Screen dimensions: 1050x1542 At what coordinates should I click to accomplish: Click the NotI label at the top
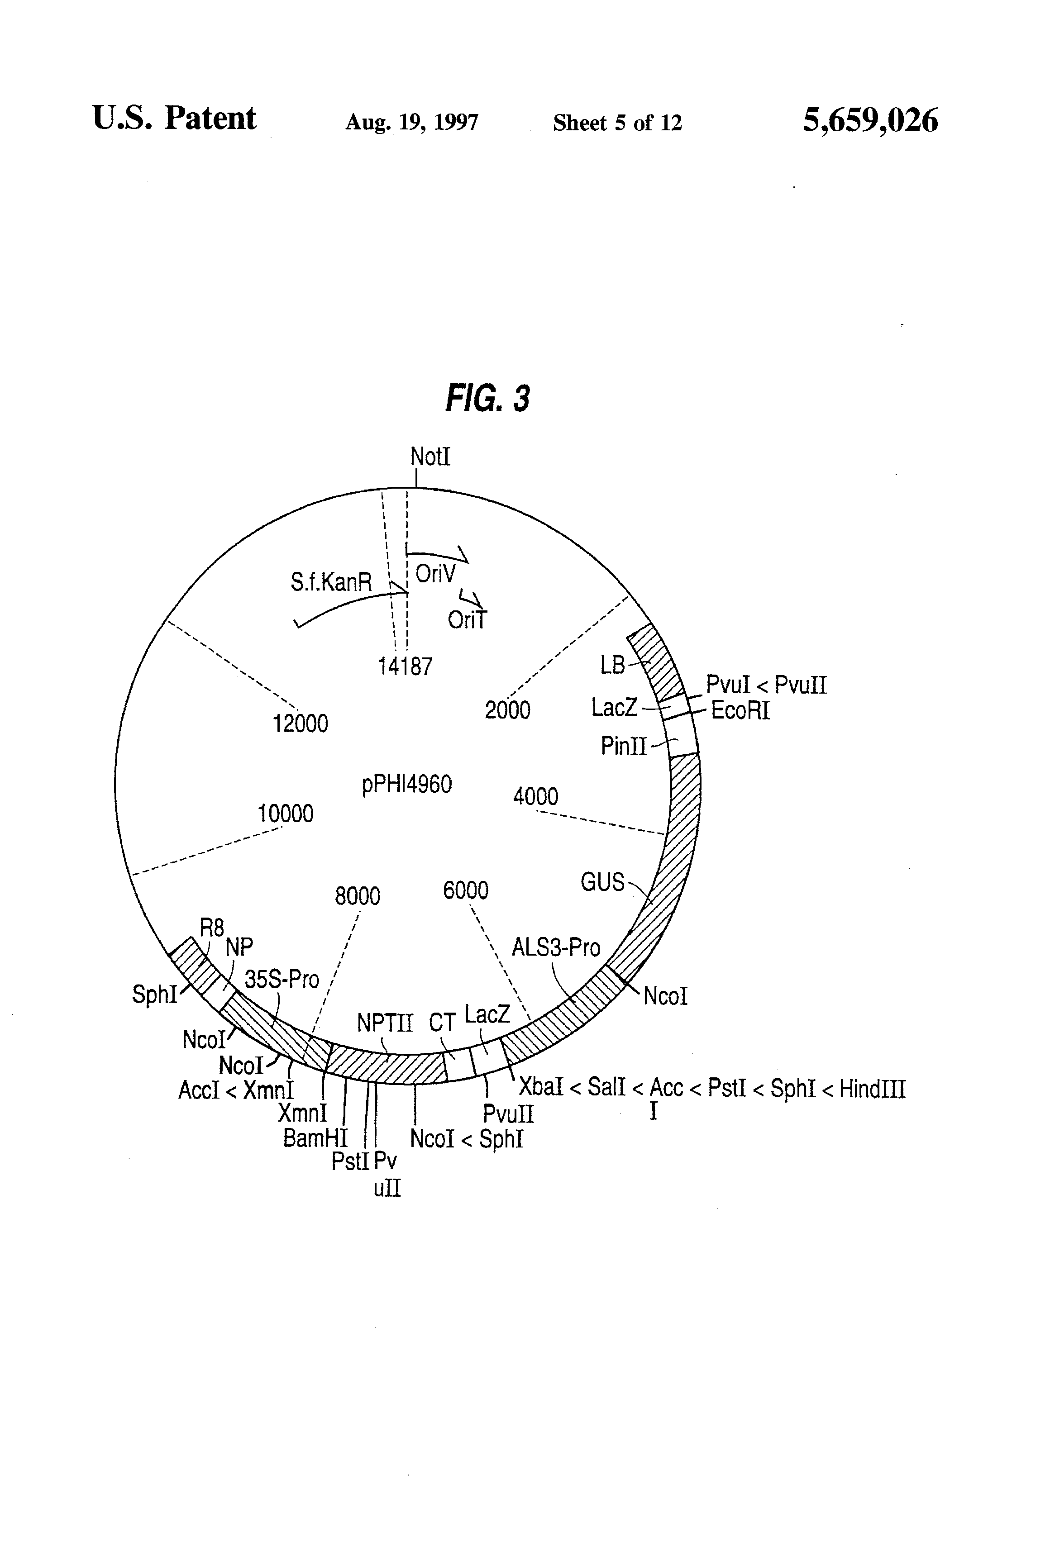click(430, 457)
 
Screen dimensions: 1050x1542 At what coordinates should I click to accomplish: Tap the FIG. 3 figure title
click(487, 399)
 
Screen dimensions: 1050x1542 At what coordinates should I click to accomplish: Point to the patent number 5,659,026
click(870, 121)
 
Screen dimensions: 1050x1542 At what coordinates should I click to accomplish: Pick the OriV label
click(435, 573)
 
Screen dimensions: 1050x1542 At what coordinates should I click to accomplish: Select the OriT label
click(467, 620)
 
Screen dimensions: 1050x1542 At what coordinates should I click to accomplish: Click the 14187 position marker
click(405, 666)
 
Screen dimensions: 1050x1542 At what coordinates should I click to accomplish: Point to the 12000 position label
click(300, 723)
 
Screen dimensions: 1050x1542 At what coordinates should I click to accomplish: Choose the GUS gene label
click(602, 882)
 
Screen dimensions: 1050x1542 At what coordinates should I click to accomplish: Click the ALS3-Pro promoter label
click(555, 947)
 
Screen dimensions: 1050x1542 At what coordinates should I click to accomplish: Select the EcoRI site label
click(740, 711)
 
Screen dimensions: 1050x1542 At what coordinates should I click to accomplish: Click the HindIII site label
click(872, 1089)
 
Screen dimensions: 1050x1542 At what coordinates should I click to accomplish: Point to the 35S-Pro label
click(282, 979)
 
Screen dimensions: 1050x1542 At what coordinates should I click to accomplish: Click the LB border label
click(612, 664)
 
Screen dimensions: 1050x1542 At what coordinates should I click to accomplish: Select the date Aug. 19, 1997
click(411, 123)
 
